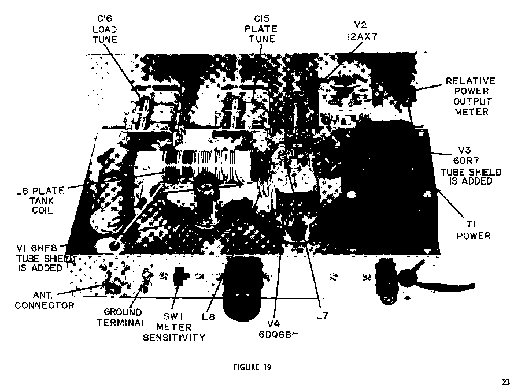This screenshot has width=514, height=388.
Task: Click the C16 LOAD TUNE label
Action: [105, 29]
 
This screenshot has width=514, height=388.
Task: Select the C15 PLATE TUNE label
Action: [261, 28]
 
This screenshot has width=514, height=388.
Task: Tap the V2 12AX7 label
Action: [362, 31]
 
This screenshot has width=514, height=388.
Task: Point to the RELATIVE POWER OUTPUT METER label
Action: [471, 96]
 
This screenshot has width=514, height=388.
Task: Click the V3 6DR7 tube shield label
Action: [471, 166]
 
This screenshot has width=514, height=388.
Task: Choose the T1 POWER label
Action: [474, 230]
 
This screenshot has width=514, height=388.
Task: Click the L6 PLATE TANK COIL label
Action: [40, 200]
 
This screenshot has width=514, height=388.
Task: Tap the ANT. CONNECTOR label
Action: [45, 300]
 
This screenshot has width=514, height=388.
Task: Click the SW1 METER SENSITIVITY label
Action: [174, 327]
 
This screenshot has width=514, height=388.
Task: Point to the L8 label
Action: [208, 316]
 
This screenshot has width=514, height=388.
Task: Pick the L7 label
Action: [322, 315]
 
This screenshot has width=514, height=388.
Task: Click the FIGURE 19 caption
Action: [252, 367]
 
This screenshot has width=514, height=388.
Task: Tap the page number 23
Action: [506, 382]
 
